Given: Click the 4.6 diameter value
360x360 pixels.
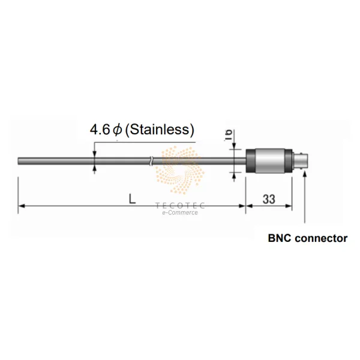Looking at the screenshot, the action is [x=100, y=130].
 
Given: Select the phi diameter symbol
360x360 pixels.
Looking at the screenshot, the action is [x=118, y=130].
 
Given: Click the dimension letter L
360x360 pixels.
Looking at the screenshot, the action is [x=132, y=199].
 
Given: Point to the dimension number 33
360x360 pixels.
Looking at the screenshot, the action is [x=269, y=199].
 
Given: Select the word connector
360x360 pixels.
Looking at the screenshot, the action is [x=321, y=238].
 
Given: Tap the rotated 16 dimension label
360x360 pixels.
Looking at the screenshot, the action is [x=229, y=135].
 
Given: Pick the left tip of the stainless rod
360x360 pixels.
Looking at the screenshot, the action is [x=18, y=161].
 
